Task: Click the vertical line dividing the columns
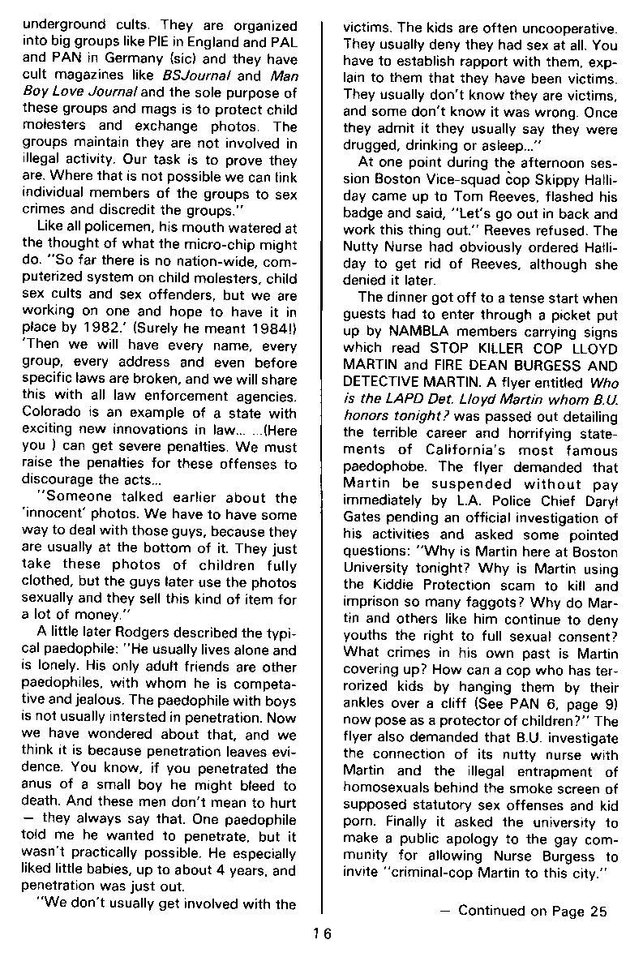(x=323, y=454)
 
